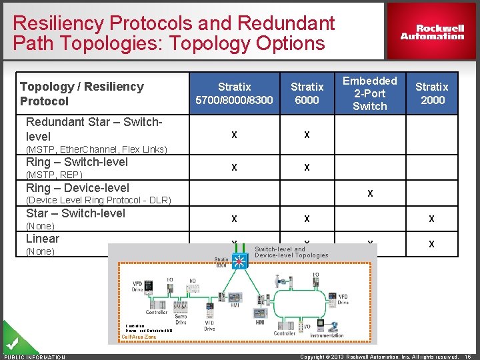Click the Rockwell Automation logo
[432, 32]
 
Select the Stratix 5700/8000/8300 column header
[234, 93]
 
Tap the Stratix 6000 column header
[307, 93]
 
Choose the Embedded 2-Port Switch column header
[369, 93]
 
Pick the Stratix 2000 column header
[431, 93]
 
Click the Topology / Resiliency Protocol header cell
[81, 93]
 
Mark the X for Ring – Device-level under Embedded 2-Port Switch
[369, 193]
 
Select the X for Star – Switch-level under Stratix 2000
[431, 219]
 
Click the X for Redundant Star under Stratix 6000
[307, 135]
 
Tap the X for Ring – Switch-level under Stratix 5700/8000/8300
[234, 168]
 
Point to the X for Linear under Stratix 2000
[431, 244]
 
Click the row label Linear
[42, 239]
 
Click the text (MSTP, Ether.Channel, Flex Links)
[96, 149]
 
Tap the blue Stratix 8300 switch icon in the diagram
[239, 261]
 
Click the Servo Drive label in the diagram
[181, 317]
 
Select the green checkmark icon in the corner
[13, 345]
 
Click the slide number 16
[468, 357]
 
